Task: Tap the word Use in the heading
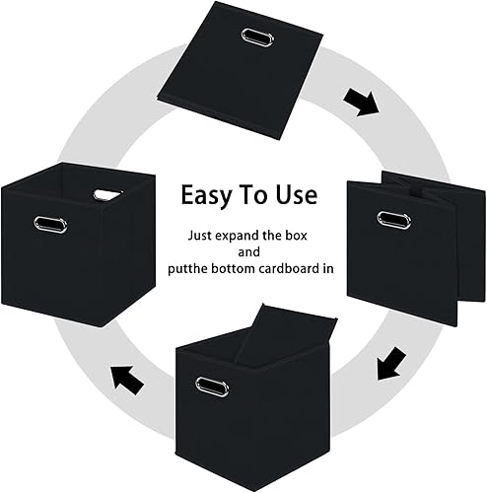point(295,194)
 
